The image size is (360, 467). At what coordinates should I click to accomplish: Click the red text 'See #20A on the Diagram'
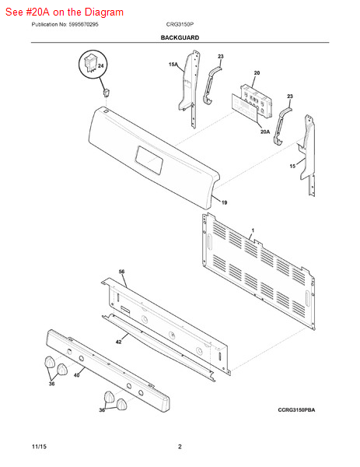pyautogui.click(x=65, y=12)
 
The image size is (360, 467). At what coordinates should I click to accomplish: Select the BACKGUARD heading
pyautogui.click(x=180, y=38)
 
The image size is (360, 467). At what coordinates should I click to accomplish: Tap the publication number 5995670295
pyautogui.click(x=83, y=24)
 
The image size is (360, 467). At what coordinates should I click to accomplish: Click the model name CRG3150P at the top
pyautogui.click(x=180, y=24)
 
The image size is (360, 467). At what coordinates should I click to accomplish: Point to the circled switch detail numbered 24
pyautogui.click(x=93, y=65)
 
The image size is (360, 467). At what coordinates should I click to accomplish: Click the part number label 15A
pyautogui.click(x=173, y=65)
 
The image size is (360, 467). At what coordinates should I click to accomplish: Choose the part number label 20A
pyautogui.click(x=265, y=132)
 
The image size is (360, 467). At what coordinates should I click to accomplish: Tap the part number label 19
pyautogui.click(x=225, y=202)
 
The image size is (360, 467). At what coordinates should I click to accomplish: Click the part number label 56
pyautogui.click(x=122, y=272)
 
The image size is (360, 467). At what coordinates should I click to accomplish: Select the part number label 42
pyautogui.click(x=118, y=342)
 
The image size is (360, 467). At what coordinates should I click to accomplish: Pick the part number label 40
pyautogui.click(x=76, y=375)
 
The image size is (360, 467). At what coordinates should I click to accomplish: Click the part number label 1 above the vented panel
pyautogui.click(x=253, y=230)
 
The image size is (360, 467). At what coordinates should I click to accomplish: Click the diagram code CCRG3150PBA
pyautogui.click(x=296, y=410)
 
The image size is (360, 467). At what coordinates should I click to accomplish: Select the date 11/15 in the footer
pyautogui.click(x=39, y=447)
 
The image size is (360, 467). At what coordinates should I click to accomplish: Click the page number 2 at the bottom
pyautogui.click(x=180, y=447)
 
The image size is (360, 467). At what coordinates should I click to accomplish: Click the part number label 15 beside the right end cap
pyautogui.click(x=292, y=167)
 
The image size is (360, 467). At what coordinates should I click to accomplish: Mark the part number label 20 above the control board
pyautogui.click(x=257, y=73)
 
